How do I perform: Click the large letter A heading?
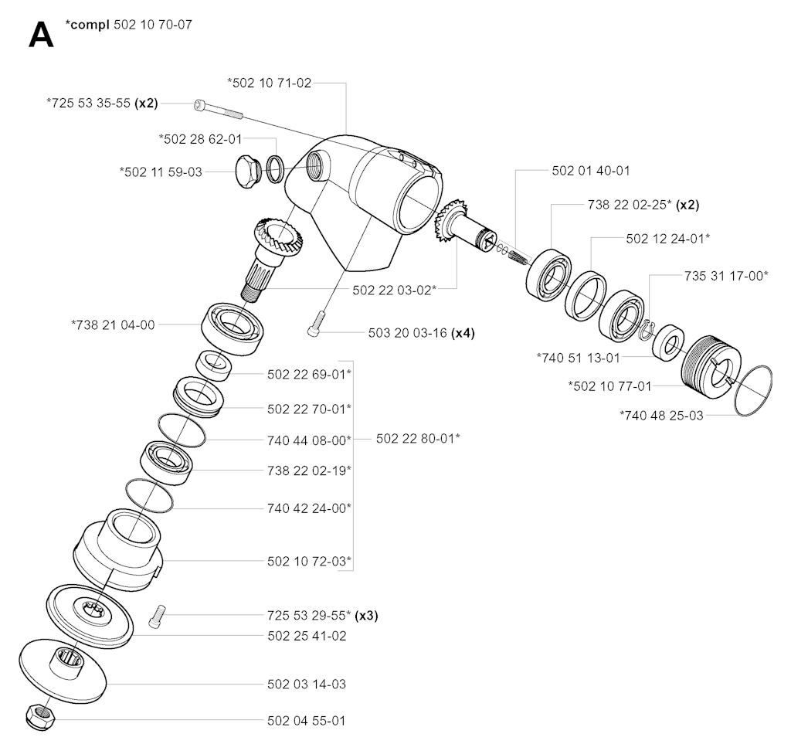point(41,36)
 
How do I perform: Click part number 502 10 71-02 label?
point(270,83)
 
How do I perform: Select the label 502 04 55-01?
point(306,720)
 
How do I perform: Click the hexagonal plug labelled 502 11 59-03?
point(248,171)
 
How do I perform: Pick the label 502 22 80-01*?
point(418,438)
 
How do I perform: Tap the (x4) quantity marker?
point(462,333)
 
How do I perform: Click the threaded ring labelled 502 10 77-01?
point(711,367)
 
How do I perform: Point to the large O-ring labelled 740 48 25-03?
point(753,391)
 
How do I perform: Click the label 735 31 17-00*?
point(726,275)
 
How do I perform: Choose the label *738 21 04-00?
point(113,324)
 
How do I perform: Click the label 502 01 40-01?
point(591,171)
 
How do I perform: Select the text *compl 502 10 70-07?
point(129,25)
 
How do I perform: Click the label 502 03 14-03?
point(306,684)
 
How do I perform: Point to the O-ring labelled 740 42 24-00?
point(148,494)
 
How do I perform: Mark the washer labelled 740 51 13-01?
point(668,343)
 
